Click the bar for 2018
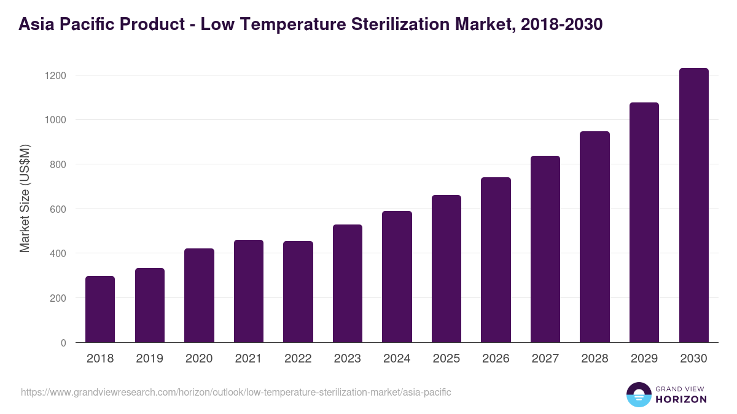[100, 309]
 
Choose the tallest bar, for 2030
[693, 205]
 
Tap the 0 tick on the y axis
[63, 343]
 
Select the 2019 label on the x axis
[149, 359]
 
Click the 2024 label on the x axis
[397, 359]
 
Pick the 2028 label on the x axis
[595, 359]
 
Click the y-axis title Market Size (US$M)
[25, 198]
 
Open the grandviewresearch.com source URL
[236, 392]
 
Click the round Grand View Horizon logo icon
[639, 394]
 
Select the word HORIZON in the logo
[681, 399]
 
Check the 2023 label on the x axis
[348, 359]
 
